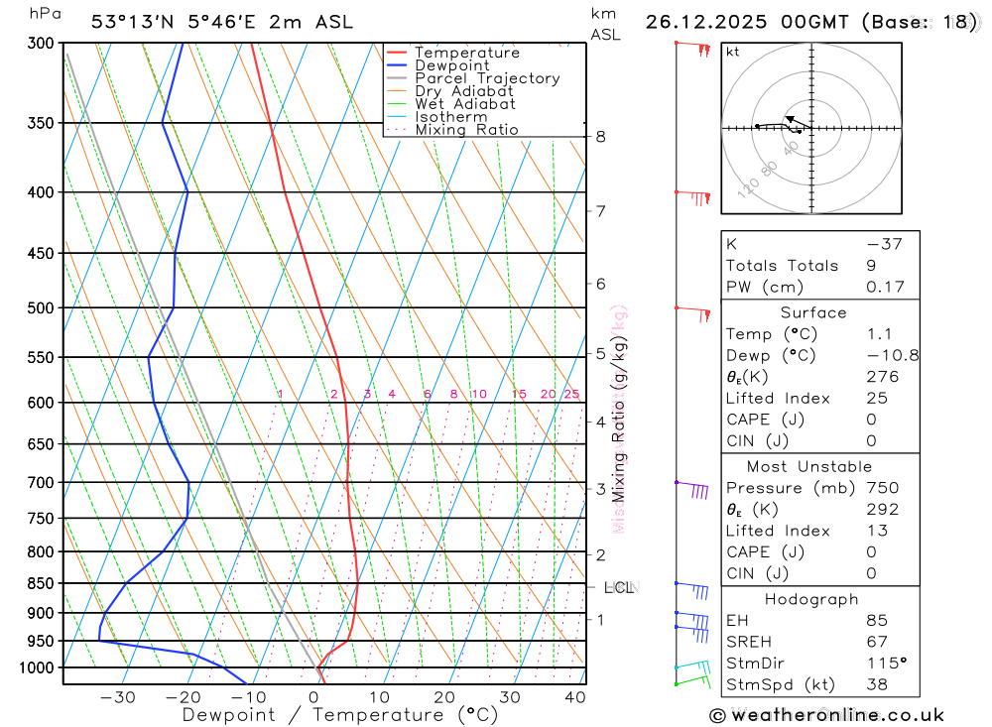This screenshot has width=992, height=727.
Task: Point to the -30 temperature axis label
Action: point(118,697)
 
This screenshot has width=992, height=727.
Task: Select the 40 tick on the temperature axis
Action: point(574,697)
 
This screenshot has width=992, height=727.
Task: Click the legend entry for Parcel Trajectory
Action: point(486,78)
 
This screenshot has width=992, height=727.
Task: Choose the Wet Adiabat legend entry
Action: point(465,104)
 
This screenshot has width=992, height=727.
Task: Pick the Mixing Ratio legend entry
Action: point(466,130)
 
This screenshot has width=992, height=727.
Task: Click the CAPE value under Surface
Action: point(871,420)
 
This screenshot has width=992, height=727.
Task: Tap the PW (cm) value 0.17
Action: point(885,287)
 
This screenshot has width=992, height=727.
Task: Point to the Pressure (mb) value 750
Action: point(882,488)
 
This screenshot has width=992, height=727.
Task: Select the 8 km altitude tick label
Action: point(601,136)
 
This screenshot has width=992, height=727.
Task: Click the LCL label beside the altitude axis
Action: point(619,587)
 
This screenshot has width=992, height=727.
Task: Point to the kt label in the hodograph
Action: point(732,52)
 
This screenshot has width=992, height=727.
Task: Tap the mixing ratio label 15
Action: point(519,394)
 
